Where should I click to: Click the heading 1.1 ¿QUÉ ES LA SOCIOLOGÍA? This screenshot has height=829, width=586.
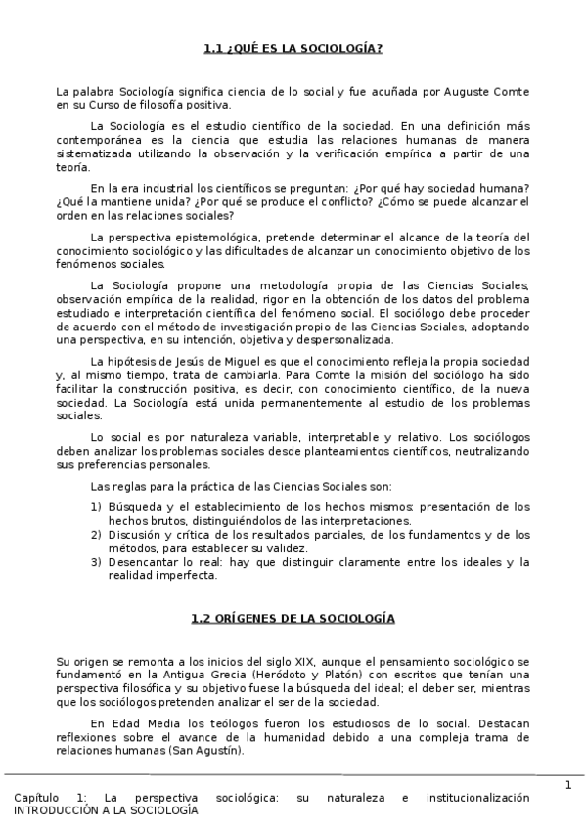(293, 49)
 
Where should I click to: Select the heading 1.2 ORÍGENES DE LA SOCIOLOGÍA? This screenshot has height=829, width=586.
(293, 619)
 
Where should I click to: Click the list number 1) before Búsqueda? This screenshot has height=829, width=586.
(96, 506)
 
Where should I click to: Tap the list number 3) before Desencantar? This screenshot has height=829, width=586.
(96, 562)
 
